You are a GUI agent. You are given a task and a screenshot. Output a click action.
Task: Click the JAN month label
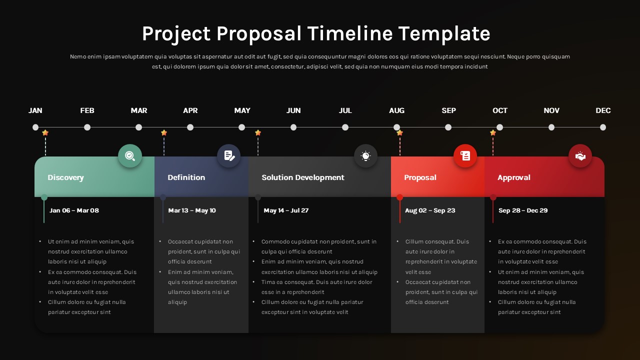tap(35, 110)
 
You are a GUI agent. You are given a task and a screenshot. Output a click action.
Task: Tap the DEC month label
tap(603, 110)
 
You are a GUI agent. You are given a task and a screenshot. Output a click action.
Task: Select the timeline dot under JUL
tap(345, 127)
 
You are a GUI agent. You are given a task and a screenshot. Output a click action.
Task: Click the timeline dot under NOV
tap(551, 127)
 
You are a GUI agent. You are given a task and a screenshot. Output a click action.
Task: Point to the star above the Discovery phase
tap(45, 133)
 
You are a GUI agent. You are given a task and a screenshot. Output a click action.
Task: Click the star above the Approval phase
tap(493, 133)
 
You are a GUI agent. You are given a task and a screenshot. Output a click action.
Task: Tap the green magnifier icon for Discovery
tap(130, 156)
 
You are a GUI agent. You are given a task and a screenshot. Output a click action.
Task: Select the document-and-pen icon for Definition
tap(229, 156)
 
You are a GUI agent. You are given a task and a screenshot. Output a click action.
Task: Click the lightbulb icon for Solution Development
tap(366, 156)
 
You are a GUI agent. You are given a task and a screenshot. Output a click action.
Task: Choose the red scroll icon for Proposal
tap(465, 156)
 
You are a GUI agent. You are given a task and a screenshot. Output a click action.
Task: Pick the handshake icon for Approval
tap(580, 156)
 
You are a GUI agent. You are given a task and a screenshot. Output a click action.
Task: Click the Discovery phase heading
tap(65, 177)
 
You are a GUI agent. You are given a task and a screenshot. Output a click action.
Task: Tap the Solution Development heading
tap(302, 177)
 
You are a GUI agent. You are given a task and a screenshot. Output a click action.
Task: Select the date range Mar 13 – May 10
tap(192, 210)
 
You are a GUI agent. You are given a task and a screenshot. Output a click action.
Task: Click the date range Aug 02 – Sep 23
tap(430, 210)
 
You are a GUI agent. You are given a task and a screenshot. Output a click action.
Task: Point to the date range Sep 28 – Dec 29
tap(523, 210)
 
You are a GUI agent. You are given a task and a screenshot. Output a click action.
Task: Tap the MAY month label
tap(242, 110)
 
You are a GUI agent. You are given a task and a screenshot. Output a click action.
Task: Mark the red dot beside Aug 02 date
tap(399, 197)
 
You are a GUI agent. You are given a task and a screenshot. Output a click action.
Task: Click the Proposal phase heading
tap(420, 177)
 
